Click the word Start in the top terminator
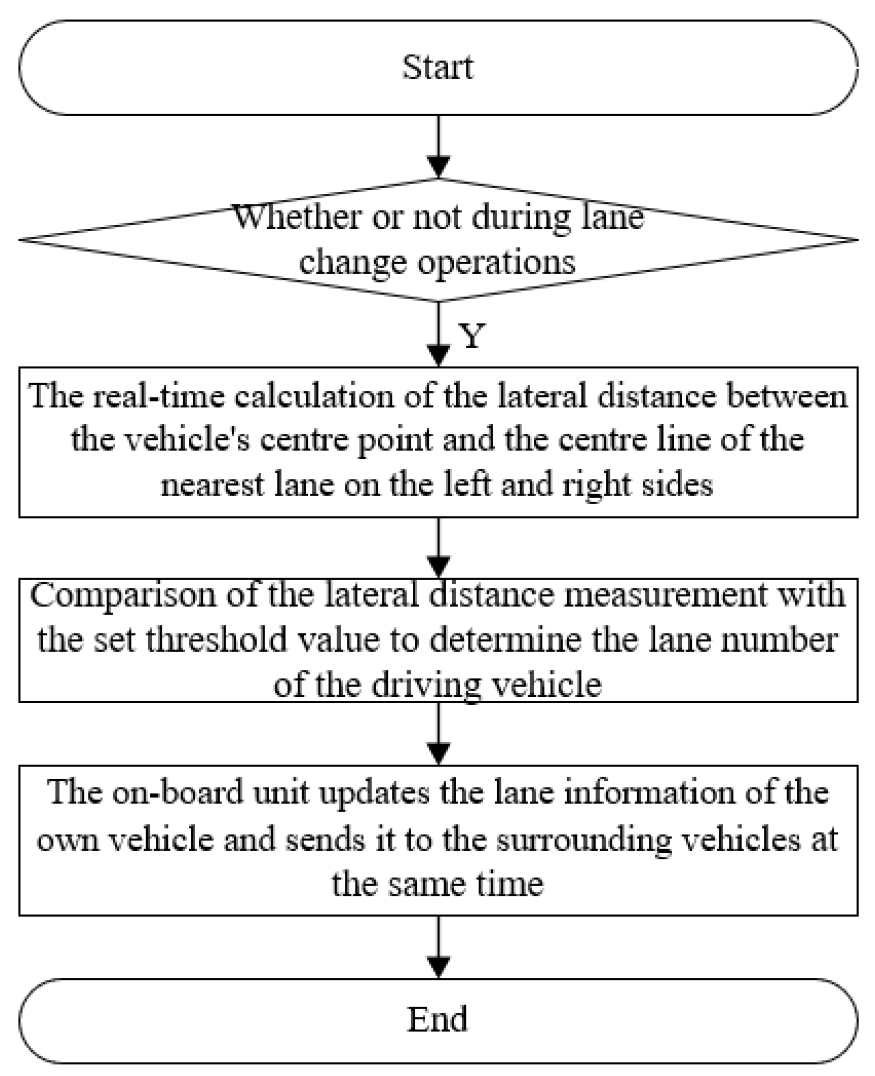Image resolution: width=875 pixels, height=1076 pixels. (x=437, y=67)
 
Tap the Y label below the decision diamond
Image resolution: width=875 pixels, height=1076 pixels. (x=471, y=337)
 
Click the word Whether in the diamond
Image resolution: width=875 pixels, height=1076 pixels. (x=299, y=217)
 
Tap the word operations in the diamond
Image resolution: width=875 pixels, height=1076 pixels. (x=496, y=262)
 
